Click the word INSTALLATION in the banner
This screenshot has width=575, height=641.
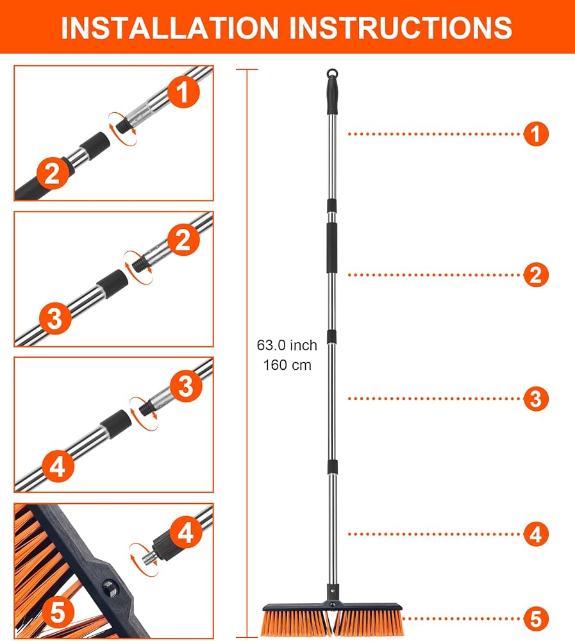[170, 28]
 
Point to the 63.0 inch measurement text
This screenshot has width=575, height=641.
[287, 345]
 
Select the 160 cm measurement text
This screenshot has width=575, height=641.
[287, 365]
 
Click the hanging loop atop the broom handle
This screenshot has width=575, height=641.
[332, 74]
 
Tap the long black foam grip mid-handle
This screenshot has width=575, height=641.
[331, 247]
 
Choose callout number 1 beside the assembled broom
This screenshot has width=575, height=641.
[536, 134]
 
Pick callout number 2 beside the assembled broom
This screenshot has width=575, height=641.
[536, 274]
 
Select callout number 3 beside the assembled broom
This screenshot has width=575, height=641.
[536, 399]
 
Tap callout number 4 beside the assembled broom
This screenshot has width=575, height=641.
[536, 534]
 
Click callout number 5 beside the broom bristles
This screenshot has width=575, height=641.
[536, 618]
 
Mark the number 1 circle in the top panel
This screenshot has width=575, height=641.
[183, 92]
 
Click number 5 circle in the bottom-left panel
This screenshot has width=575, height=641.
[58, 612]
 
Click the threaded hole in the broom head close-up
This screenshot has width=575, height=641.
[110, 587]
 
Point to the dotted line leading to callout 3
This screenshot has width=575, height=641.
[435, 399]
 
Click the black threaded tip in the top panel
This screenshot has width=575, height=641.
[122, 124]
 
